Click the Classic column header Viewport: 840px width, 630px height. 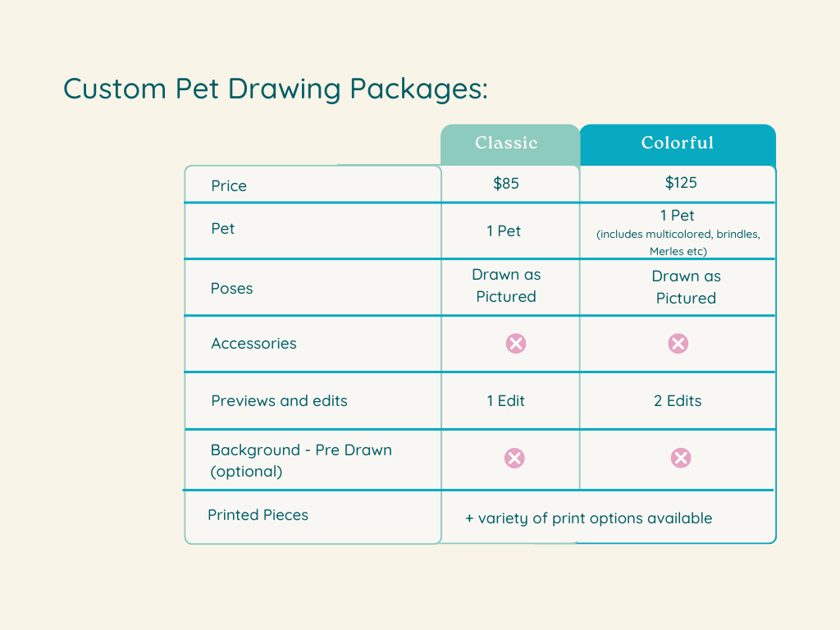click(506, 144)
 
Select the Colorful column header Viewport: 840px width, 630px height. click(678, 144)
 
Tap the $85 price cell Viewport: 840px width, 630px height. click(506, 183)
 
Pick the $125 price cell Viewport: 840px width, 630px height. click(681, 182)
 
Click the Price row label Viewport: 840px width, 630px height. click(229, 186)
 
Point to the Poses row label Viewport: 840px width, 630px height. click(232, 289)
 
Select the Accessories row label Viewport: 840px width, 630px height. click(253, 344)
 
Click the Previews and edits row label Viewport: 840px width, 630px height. click(279, 401)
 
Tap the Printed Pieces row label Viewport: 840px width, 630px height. click(258, 515)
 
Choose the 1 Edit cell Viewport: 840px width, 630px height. click(505, 401)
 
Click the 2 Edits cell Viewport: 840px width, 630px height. click(678, 401)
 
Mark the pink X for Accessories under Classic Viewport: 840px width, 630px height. click(515, 344)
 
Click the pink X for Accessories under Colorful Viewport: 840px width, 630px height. click(678, 344)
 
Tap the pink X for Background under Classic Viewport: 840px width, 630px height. click(514, 458)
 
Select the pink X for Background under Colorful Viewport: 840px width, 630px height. click(680, 458)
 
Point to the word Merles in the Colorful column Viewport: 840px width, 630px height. click(667, 252)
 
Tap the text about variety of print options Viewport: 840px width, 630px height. click(589, 518)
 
